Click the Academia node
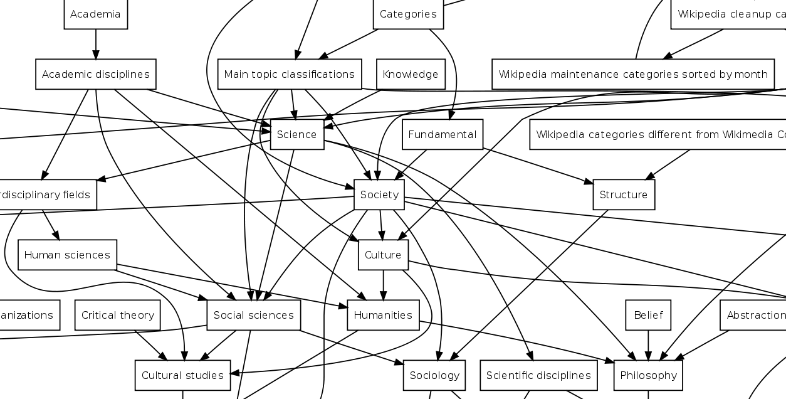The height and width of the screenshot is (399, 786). [x=95, y=14]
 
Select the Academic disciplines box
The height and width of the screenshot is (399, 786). [x=95, y=74]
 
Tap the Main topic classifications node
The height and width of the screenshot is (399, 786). [x=289, y=74]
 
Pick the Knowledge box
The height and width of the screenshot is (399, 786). [x=410, y=74]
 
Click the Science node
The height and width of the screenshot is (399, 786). [x=296, y=134]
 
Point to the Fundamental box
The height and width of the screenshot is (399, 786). [x=442, y=134]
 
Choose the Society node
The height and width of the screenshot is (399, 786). [x=379, y=194]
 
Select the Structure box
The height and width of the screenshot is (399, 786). [x=623, y=194]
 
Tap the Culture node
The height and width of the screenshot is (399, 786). [x=382, y=255]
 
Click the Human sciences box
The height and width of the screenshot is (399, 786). [x=67, y=255]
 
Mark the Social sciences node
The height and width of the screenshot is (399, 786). [x=253, y=315]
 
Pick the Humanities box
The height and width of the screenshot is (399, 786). [x=382, y=315]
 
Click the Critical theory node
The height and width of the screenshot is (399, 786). [x=117, y=315]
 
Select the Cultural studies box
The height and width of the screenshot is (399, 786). [x=182, y=375]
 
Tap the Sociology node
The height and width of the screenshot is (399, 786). [x=434, y=375]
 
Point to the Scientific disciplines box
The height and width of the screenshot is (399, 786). [x=538, y=375]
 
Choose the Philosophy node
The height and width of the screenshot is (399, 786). [x=647, y=375]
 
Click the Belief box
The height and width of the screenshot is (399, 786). [x=647, y=315]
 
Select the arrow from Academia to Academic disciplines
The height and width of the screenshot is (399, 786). [x=95, y=44]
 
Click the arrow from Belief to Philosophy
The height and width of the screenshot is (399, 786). [x=647, y=345]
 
